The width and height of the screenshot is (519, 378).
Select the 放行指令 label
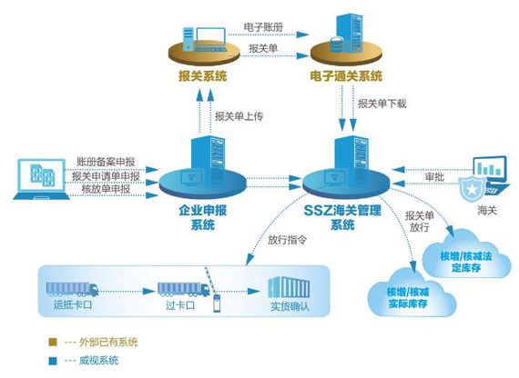(271, 243)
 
